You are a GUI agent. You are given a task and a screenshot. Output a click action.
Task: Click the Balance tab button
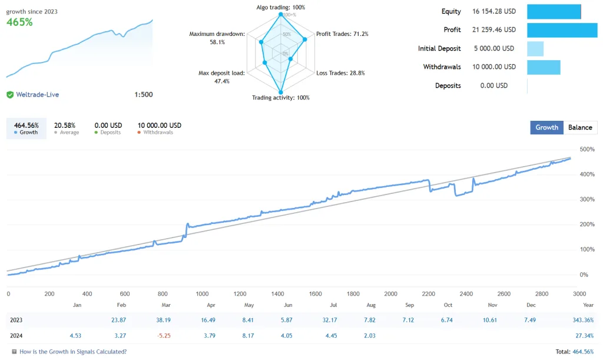(x=580, y=127)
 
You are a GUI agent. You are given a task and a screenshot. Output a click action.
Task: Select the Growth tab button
(x=546, y=127)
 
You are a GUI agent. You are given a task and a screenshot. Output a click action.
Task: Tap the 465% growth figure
(x=19, y=22)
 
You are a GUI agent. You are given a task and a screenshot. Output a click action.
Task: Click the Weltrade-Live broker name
(x=37, y=94)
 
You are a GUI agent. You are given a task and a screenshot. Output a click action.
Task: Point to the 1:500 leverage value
(x=143, y=94)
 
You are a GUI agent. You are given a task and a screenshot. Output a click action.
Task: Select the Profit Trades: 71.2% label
(x=342, y=34)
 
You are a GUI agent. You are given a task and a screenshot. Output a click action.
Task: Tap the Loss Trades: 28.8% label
(x=340, y=73)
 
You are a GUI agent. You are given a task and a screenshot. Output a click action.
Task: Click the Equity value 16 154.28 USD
(x=493, y=11)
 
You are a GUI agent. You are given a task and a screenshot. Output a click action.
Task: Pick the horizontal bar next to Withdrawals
(x=543, y=67)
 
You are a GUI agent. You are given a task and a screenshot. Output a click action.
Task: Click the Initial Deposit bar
(x=535, y=48)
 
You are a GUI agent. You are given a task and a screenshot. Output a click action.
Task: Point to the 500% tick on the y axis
(x=587, y=150)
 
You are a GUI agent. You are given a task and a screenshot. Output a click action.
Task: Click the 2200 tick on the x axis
(x=428, y=293)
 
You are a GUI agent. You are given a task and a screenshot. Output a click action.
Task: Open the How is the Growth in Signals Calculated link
(x=72, y=352)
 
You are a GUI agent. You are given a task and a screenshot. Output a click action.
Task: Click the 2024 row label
(x=18, y=336)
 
